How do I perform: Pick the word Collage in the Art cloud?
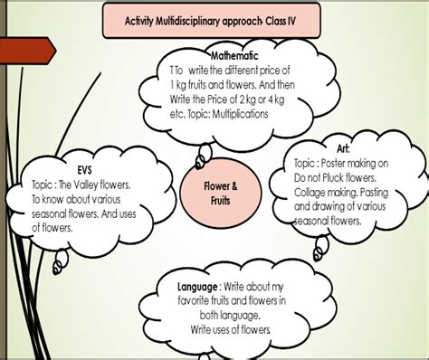(312, 193)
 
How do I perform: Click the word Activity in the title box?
(148, 20)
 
